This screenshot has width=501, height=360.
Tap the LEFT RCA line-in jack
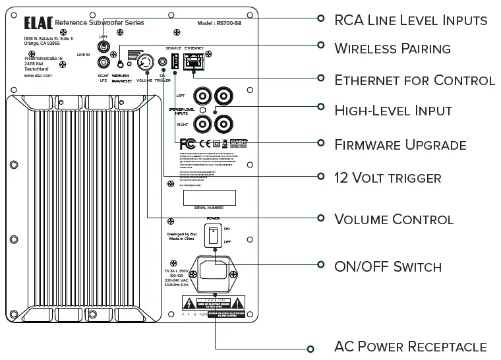(x=103, y=47)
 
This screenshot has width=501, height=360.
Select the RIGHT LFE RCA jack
(x=103, y=63)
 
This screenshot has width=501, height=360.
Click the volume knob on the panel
(x=144, y=64)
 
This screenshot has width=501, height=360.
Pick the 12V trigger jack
(x=162, y=64)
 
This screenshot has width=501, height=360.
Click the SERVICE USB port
(x=175, y=62)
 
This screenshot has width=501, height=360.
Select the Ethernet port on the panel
(x=194, y=61)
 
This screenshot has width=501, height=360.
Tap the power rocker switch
(x=213, y=236)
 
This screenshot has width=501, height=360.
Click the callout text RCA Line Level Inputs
(x=411, y=20)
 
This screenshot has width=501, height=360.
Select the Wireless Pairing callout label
(x=392, y=48)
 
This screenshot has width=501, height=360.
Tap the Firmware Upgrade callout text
(x=400, y=144)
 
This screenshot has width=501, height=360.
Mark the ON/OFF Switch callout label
(x=388, y=266)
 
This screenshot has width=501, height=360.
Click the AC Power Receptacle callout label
(x=411, y=347)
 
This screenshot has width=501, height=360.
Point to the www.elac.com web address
(x=38, y=76)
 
